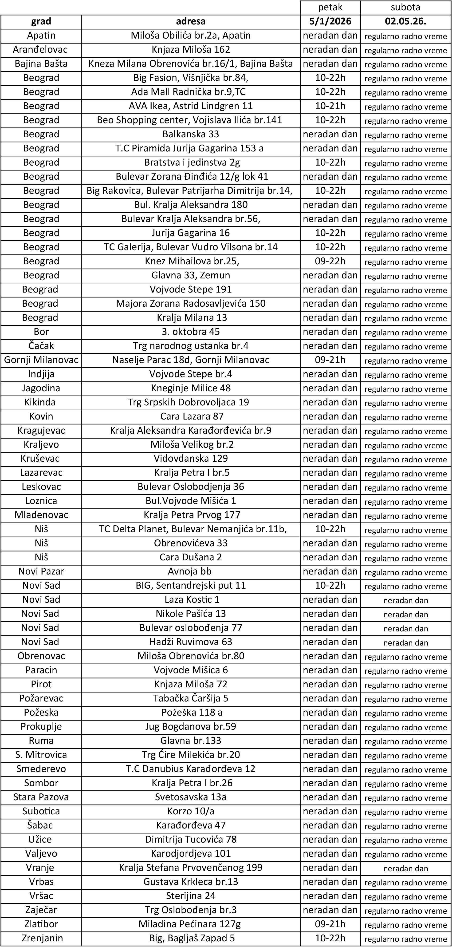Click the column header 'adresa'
click(x=190, y=21)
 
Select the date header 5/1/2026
click(x=330, y=21)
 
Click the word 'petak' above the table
click(x=330, y=7)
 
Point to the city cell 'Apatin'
click(x=41, y=36)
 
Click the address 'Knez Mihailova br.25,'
click(x=190, y=261)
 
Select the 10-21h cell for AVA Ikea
click(x=330, y=106)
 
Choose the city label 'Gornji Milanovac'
click(x=41, y=360)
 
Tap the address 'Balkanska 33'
click(x=190, y=134)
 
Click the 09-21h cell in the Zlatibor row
click(x=330, y=924)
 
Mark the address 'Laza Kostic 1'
click(x=190, y=600)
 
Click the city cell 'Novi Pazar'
click(x=41, y=571)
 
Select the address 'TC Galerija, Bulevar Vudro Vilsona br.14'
click(x=190, y=247)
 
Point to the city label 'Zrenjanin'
click(x=41, y=938)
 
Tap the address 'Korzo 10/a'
click(x=190, y=811)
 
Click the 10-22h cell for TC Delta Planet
click(x=330, y=529)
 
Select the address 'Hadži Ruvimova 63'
click(x=190, y=642)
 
